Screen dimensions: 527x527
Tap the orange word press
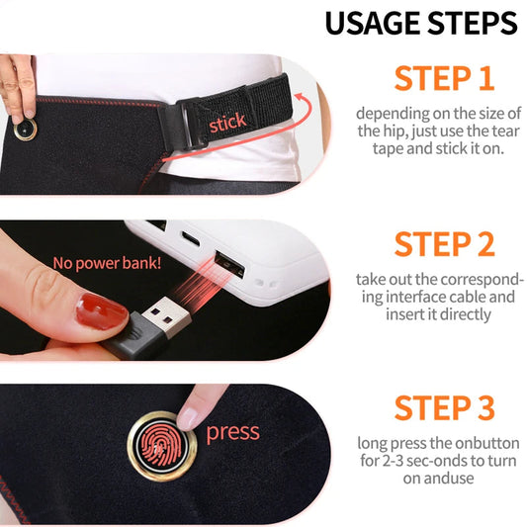point(232,432)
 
